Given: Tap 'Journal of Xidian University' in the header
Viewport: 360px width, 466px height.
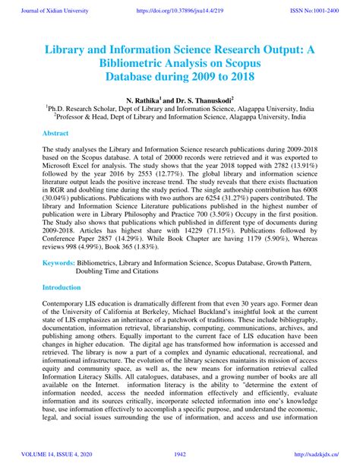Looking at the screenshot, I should point(51,11).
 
